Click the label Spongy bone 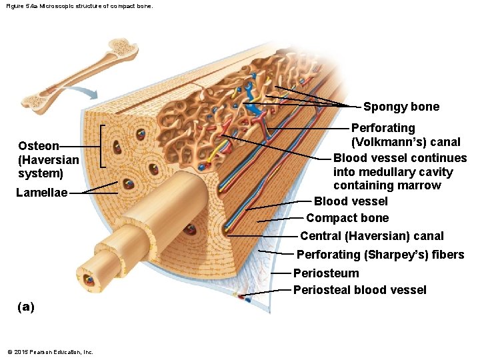[401, 107]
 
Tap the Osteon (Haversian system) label [48, 159]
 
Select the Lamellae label [43, 193]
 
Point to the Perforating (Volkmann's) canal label [405, 135]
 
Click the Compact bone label [347, 218]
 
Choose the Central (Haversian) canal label [371, 235]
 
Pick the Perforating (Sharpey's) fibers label [380, 254]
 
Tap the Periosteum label [326, 273]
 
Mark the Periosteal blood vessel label [359, 290]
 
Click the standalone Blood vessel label [350, 201]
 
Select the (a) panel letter [26, 307]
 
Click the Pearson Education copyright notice [50, 352]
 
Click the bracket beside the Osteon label [102, 145]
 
